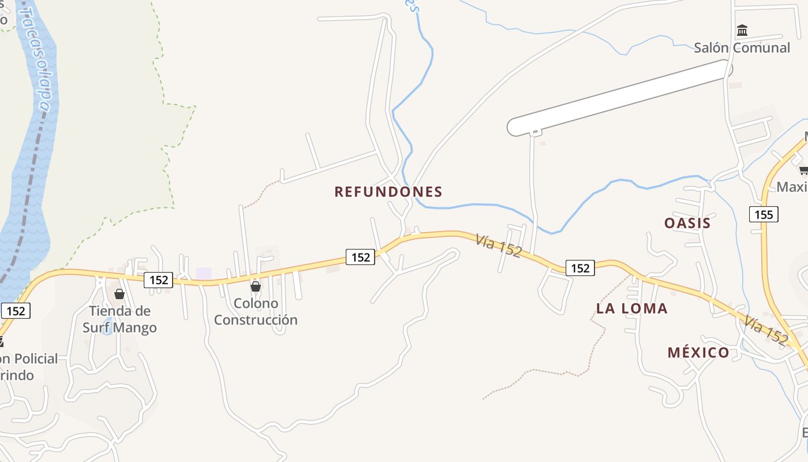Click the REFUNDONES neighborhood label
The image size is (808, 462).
point(388,192)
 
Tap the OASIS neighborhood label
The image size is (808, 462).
point(687,223)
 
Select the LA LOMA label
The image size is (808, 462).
point(631,308)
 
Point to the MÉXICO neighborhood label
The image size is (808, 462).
point(698,352)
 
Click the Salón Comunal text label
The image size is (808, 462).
point(742,47)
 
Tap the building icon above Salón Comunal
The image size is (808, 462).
point(742,30)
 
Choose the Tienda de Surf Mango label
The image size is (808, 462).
point(119,319)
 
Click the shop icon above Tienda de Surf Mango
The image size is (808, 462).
point(119,295)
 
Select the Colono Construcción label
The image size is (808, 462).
point(256,311)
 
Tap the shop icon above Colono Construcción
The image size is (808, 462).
point(256,286)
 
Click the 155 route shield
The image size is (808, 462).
point(764,215)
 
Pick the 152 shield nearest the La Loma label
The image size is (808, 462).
point(580,268)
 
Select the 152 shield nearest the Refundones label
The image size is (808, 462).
point(361,257)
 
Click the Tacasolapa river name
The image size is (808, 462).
point(36,58)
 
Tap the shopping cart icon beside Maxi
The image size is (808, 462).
point(803,170)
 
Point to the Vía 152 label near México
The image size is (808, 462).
point(765,330)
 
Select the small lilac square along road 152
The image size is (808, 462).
point(204,273)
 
